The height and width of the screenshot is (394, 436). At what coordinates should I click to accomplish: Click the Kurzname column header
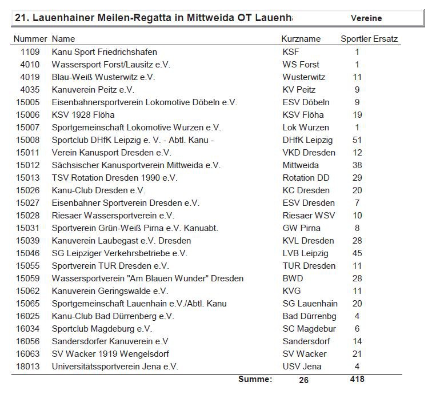[x=301, y=39]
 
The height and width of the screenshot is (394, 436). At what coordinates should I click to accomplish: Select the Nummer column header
[x=30, y=39]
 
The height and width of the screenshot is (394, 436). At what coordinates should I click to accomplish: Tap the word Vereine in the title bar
[x=366, y=18]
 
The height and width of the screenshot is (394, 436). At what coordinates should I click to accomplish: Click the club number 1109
[x=30, y=52]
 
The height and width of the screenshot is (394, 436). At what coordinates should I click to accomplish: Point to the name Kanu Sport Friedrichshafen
[x=104, y=52]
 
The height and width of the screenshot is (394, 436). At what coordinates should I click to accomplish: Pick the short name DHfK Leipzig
[x=307, y=140]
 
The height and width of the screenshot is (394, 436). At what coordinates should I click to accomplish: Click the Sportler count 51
[x=357, y=140]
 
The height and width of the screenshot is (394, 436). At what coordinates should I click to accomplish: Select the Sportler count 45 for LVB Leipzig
[x=357, y=253]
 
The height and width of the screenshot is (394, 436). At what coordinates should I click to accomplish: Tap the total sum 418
[x=357, y=379]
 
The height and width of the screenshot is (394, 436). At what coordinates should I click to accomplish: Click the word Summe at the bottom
[x=255, y=379]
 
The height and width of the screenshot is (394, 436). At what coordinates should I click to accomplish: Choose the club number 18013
[x=28, y=367]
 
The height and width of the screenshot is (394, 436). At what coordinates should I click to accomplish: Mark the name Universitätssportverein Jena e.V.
[x=115, y=367]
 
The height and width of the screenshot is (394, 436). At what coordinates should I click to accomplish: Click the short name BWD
[x=293, y=278]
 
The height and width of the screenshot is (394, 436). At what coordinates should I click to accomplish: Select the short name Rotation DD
[x=306, y=178]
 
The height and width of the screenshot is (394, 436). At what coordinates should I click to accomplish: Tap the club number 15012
[x=28, y=165]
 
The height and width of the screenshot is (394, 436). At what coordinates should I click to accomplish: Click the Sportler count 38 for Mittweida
[x=357, y=165]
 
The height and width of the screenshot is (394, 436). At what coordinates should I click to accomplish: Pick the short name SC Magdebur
[x=309, y=329]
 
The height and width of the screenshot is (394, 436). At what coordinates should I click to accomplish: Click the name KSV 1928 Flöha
[x=83, y=115]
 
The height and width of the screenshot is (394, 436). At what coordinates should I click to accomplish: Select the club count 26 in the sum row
[x=303, y=380]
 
